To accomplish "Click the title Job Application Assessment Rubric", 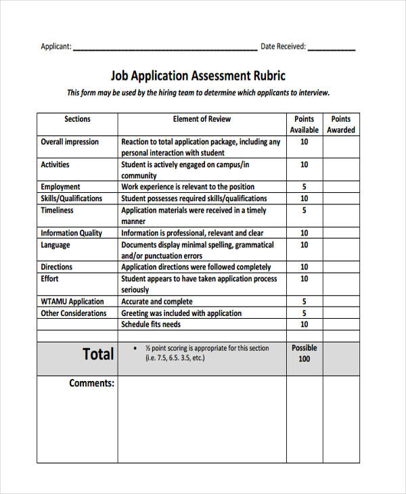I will [198, 76].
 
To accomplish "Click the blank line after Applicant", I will [164, 48].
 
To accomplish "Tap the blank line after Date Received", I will [332, 48].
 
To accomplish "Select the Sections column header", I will [77, 119].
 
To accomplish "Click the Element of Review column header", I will [202, 119].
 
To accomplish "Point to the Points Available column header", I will [304, 125].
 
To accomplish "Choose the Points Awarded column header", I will [341, 125].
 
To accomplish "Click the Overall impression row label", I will [70, 142].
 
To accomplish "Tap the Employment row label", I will [60, 187].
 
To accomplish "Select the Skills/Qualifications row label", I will [72, 198].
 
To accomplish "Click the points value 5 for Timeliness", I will [304, 210].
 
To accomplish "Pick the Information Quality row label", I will [72, 233].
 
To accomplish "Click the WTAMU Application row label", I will [72, 302].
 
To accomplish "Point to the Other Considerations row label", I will [74, 313].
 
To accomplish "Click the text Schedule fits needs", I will [151, 325].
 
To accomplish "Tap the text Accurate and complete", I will [157, 302].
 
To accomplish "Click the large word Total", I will [98, 354].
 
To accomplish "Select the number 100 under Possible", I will [304, 359].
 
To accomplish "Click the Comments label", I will [92, 384].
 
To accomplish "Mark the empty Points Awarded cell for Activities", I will [341, 169].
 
